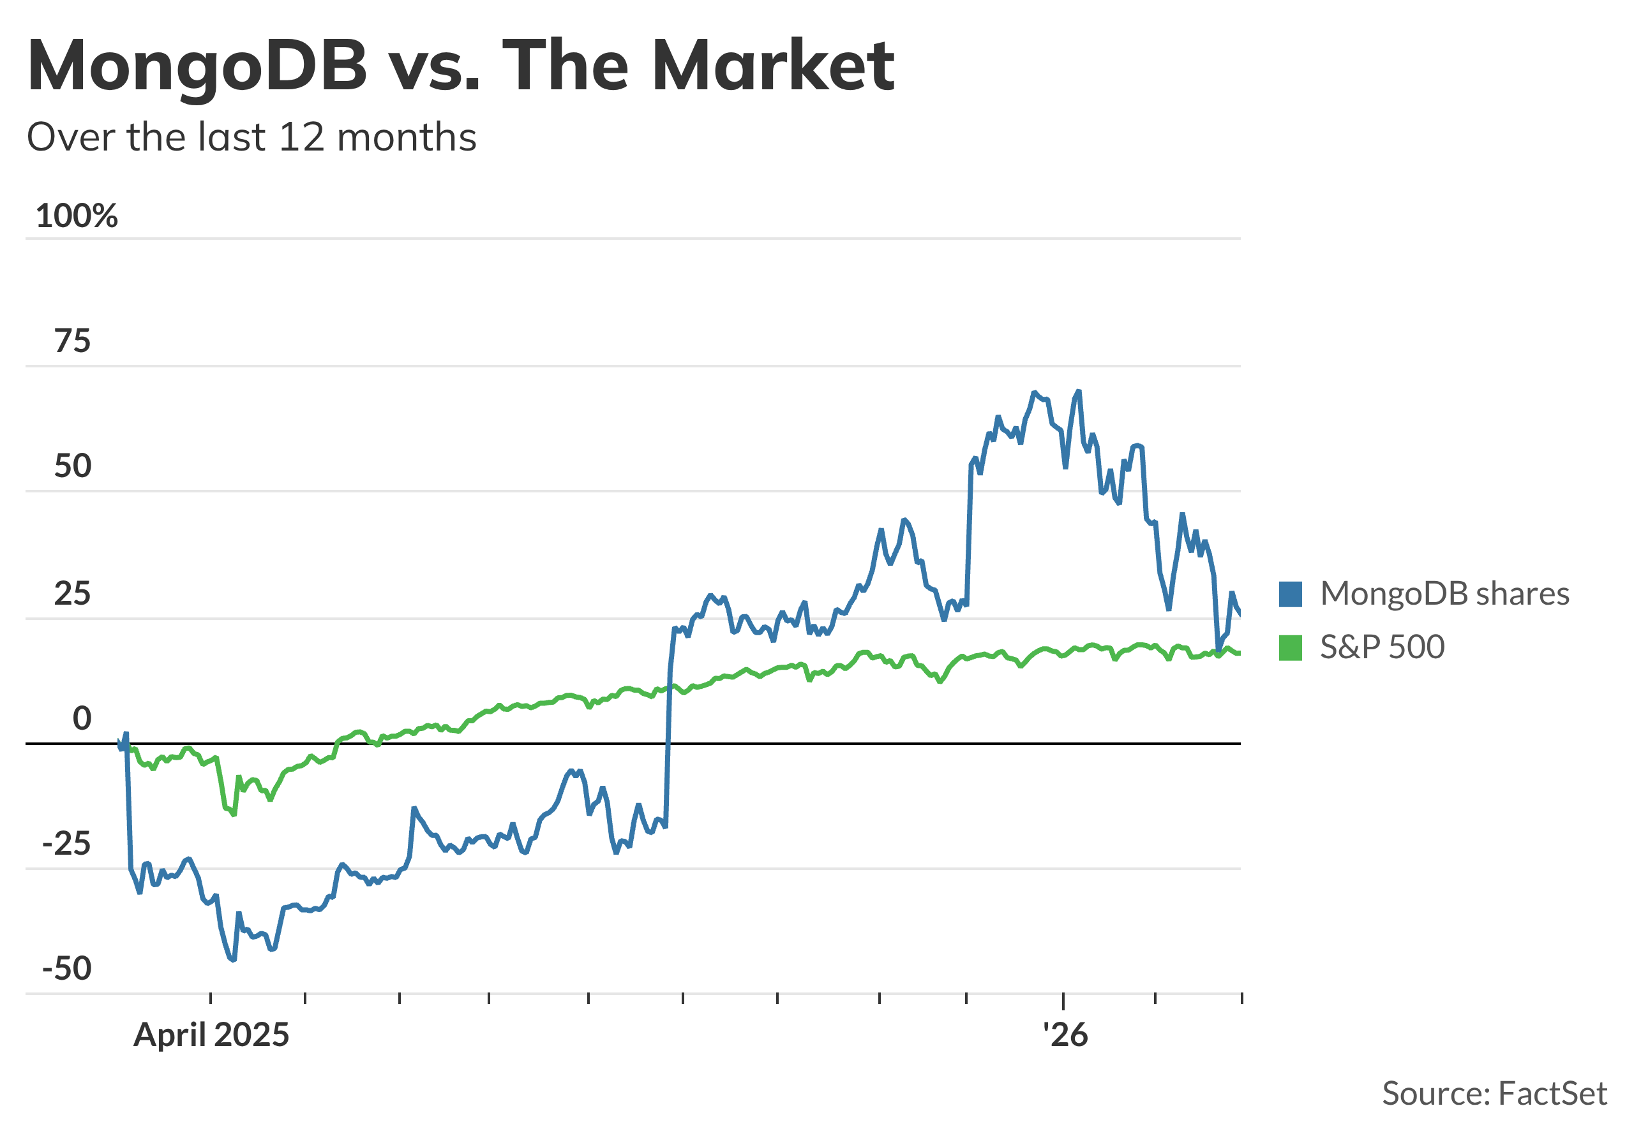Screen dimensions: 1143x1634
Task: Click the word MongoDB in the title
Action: pos(197,66)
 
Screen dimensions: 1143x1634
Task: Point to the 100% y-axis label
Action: pos(76,216)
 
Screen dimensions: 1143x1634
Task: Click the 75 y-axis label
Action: pos(73,341)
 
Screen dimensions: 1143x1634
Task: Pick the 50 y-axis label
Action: pos(73,467)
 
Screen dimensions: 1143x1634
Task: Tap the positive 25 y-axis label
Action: pos(73,594)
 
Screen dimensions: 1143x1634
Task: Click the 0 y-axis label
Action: pos(82,719)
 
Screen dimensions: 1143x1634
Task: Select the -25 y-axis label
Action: pos(67,844)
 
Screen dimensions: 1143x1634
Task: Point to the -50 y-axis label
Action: pos(67,970)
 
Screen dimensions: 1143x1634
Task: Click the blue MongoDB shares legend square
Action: pos(1290,594)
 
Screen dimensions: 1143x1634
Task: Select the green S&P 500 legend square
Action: pos(1290,648)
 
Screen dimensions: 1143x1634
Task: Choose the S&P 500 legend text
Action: pos(1382,647)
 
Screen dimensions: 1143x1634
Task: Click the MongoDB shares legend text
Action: pos(1444,594)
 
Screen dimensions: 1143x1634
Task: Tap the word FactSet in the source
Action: pos(1552,1094)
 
